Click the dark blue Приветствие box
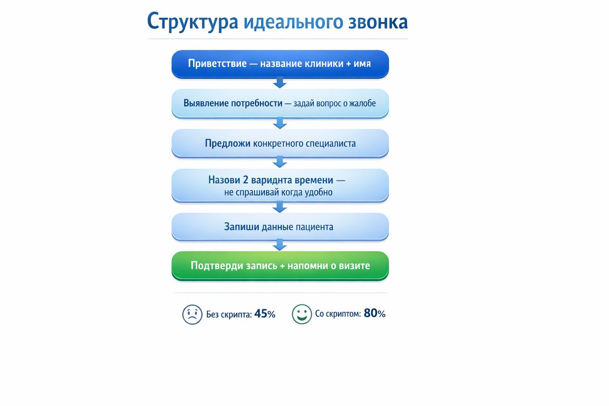pos(280,64)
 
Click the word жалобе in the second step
pos(361,103)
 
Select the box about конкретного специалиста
pos(280,143)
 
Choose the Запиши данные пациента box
pos(280,227)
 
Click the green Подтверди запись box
pos(280,265)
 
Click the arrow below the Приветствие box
pos(280,83)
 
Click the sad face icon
pos(192,314)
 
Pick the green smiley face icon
pos(301,314)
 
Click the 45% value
pos(264,314)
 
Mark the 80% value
pos(375,314)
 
